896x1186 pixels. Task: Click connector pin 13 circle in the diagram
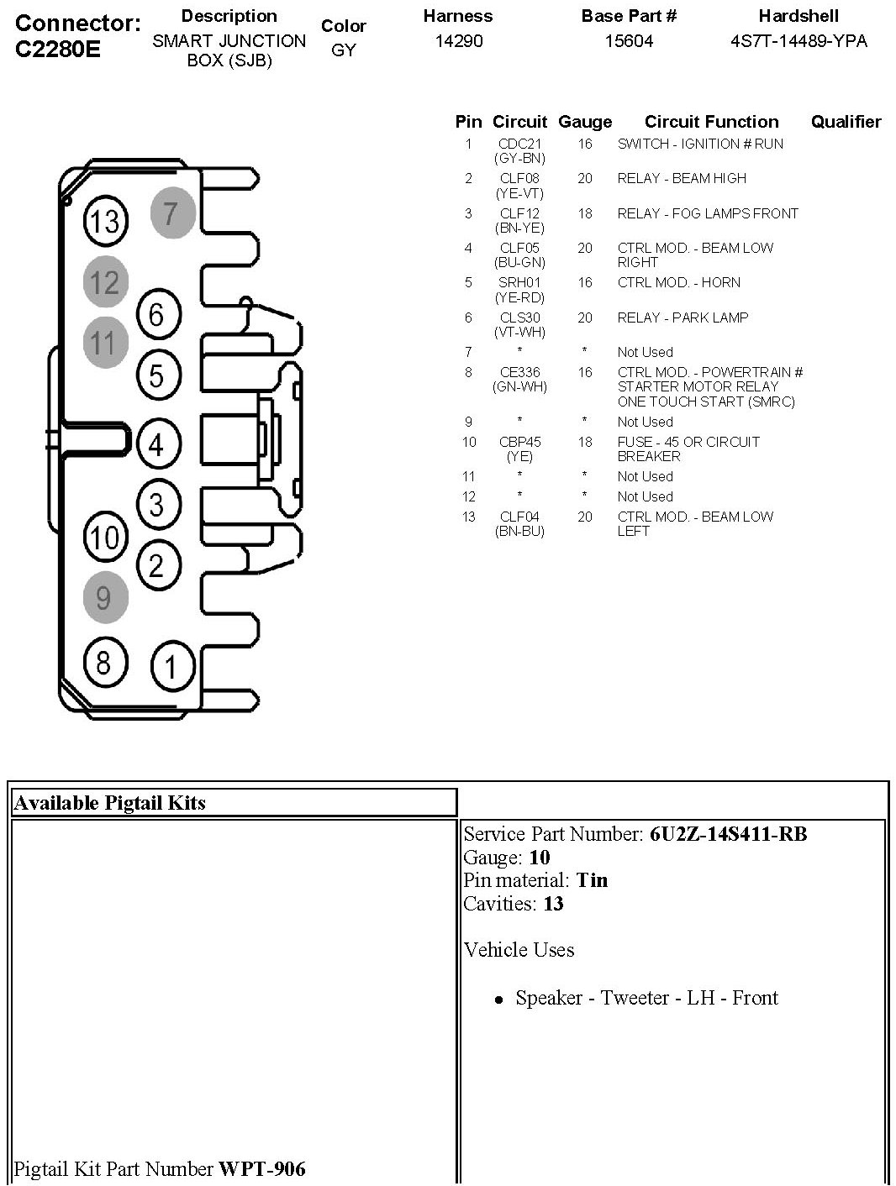(x=105, y=222)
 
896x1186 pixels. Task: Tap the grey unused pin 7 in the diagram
(x=172, y=213)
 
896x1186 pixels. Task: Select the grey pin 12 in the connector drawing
(x=105, y=282)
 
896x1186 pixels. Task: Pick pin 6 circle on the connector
(x=157, y=316)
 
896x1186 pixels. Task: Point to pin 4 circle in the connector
(x=157, y=444)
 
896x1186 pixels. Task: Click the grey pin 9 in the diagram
(x=104, y=597)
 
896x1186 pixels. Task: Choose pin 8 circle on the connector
(x=104, y=662)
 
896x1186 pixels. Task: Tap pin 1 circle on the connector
(x=172, y=668)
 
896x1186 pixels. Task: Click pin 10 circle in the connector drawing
(x=105, y=537)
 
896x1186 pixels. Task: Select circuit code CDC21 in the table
(x=519, y=144)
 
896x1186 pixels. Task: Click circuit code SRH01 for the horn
(x=519, y=283)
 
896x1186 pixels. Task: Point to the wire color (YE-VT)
(x=519, y=193)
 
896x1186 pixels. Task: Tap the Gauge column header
(x=585, y=123)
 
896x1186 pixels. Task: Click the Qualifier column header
(x=846, y=122)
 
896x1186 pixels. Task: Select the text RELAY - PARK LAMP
(x=683, y=317)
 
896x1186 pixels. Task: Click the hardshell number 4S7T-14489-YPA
(x=798, y=41)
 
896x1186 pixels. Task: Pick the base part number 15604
(x=629, y=41)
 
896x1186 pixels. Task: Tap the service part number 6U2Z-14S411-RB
(x=728, y=834)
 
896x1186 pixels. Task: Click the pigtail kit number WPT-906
(x=262, y=1168)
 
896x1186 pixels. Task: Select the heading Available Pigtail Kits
(x=110, y=803)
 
